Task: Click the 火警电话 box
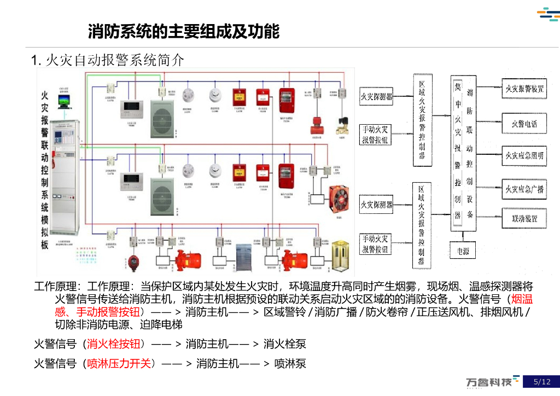524,124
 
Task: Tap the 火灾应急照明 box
524,156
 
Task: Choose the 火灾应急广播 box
524,189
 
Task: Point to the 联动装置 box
524,218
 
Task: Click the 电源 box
462,251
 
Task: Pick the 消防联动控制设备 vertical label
470,152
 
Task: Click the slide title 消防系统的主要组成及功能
184,32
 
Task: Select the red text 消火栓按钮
115,344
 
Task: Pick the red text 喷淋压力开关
119,363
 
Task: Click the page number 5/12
542,382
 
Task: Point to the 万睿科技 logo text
489,382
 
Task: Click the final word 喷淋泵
290,363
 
